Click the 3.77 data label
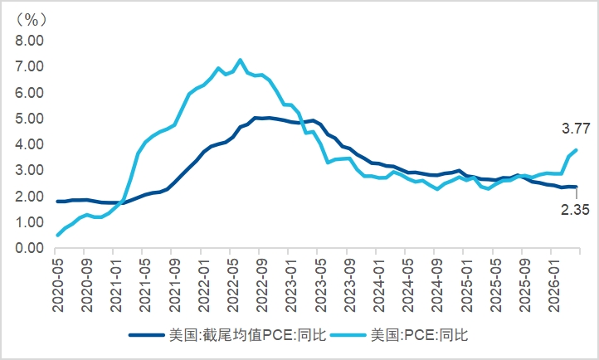[576, 129]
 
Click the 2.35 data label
[575, 210]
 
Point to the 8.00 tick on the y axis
[29, 41]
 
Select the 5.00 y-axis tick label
[29, 119]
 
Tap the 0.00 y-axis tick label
[29, 248]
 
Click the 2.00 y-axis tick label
[29, 197]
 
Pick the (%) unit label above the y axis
[32, 19]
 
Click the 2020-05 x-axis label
[58, 285]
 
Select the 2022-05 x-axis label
[233, 285]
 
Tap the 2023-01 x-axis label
[291, 285]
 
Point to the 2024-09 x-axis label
[437, 285]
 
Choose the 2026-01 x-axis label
[553, 285]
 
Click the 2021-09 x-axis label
[174, 285]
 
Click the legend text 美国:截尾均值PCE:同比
[247, 335]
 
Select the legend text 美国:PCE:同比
[419, 335]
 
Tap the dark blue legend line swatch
[147, 335]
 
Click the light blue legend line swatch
[348, 335]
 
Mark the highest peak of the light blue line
[241, 60]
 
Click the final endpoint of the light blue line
[576, 150]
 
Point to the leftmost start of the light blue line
[58, 236]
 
